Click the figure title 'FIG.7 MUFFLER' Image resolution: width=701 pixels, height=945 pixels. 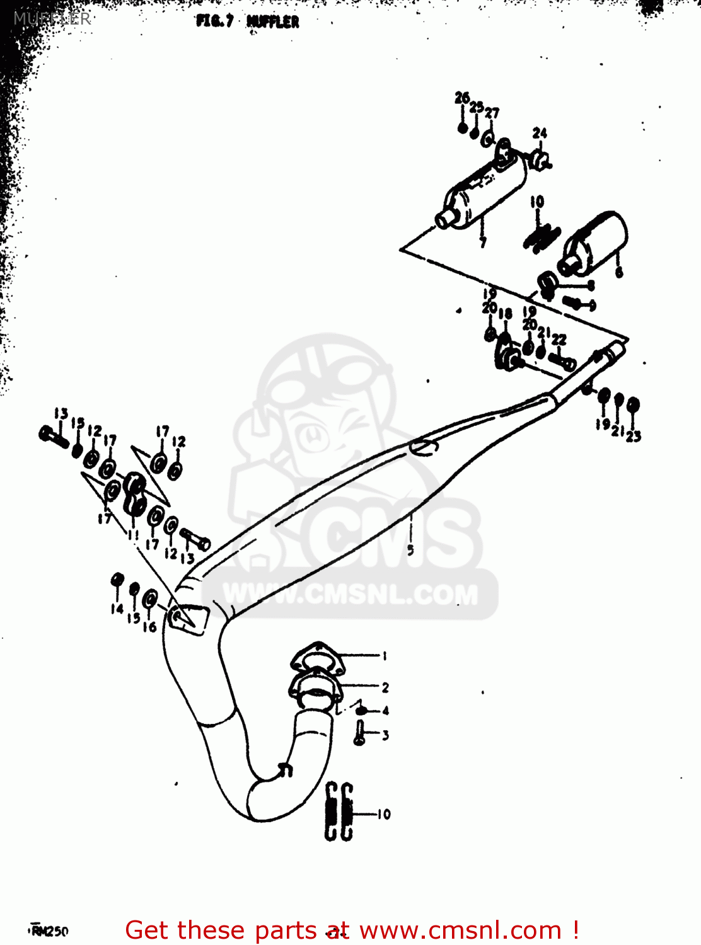248,21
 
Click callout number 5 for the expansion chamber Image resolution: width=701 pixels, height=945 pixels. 410,550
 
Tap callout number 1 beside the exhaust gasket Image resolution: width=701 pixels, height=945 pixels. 385,656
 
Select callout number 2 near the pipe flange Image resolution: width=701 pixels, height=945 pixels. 385,687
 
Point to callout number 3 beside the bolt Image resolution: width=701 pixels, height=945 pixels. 385,735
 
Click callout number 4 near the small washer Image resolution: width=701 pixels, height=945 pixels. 385,711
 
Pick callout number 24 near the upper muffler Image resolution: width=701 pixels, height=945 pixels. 540,133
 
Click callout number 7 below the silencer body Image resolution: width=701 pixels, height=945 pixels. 483,243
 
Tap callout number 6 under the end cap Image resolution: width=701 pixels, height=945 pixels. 619,273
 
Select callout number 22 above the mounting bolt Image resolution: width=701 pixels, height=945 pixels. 559,340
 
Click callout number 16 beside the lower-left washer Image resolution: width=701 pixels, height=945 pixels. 149,627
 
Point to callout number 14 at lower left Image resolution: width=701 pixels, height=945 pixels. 117,609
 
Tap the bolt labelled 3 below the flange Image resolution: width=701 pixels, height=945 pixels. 360,733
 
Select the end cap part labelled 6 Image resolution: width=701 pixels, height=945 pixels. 593,243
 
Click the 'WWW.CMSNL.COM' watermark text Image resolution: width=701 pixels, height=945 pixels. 350,594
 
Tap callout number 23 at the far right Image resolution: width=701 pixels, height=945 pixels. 634,435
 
